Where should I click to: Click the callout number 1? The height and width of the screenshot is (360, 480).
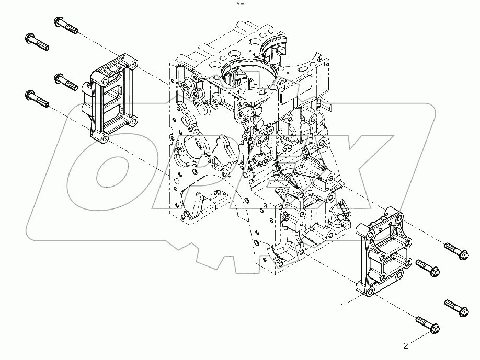pos(342,307)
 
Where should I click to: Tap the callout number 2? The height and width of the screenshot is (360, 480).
pos(405,345)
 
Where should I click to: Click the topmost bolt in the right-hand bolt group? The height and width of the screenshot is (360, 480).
pos(456,251)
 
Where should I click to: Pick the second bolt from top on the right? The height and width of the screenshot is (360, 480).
pos(429,268)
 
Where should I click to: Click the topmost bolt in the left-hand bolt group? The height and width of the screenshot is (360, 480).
pos(65,25)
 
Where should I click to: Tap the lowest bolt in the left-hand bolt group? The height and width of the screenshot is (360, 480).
pos(37,98)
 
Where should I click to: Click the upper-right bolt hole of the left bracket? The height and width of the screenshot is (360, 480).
pos(134,65)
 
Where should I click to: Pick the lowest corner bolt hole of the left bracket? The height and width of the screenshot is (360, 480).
pos(104,138)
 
